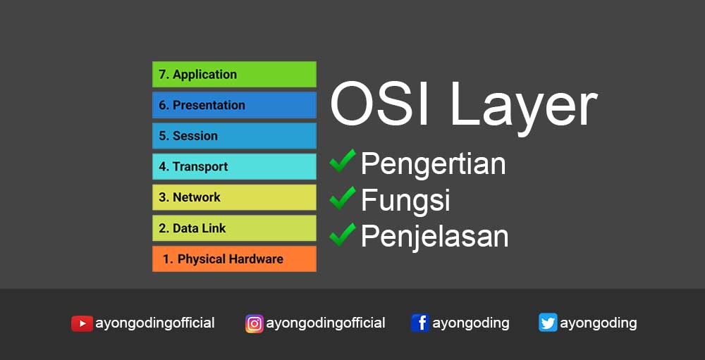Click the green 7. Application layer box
click(234, 75)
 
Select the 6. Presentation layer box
click(234, 105)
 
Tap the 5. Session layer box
click(234, 136)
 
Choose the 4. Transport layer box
click(234, 167)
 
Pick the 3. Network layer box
click(234, 197)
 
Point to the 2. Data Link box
click(234, 228)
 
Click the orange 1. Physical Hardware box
click(234, 259)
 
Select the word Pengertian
click(433, 164)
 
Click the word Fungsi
click(405, 201)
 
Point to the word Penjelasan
click(434, 236)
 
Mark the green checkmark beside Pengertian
click(343, 161)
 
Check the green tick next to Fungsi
click(343, 198)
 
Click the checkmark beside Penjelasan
click(343, 234)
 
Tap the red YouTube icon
click(82, 323)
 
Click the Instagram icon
click(254, 323)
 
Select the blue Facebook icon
click(420, 323)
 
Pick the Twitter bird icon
click(548, 323)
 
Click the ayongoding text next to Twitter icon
click(599, 323)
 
